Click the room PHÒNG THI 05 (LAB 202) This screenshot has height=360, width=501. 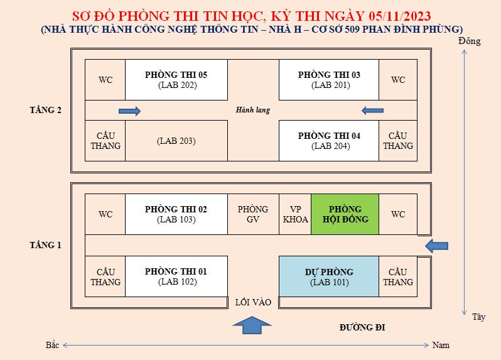[x=176, y=80]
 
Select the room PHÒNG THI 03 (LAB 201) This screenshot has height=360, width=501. [x=329, y=80]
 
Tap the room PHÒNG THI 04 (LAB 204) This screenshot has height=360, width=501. [x=329, y=141]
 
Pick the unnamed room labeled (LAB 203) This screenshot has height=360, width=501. [x=176, y=141]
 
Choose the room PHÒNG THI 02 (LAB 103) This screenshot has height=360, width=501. [x=176, y=214]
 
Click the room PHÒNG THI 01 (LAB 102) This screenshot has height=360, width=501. [x=176, y=276]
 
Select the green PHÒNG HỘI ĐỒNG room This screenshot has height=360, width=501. [x=345, y=214]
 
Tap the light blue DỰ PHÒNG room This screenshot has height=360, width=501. [x=329, y=276]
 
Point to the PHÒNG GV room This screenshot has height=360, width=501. [x=254, y=214]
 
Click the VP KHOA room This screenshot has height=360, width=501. [x=295, y=214]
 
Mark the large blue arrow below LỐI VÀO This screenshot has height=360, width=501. [x=252, y=325]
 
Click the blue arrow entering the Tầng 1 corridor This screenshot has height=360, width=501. [x=437, y=246]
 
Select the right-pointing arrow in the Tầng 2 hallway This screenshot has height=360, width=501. [x=130, y=111]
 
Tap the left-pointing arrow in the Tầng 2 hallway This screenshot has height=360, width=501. [x=372, y=111]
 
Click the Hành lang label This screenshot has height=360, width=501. [x=253, y=110]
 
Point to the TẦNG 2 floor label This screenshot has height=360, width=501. [x=45, y=110]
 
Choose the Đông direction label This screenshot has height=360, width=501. [x=470, y=41]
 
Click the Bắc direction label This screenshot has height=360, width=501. [x=52, y=345]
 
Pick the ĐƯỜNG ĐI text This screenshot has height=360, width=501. [x=362, y=327]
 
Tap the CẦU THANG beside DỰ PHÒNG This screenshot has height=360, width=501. [x=398, y=276]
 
